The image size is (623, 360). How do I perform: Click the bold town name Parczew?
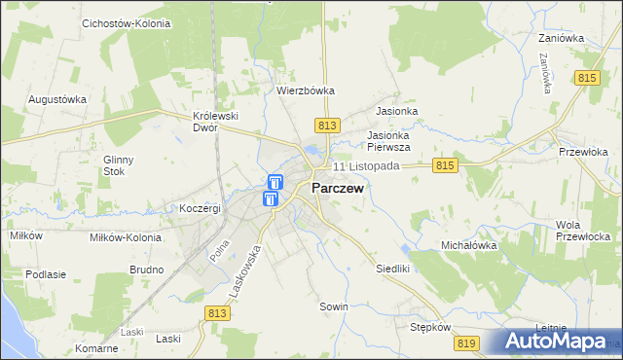[x=338, y=189]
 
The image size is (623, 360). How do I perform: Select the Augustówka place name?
[x=57, y=99]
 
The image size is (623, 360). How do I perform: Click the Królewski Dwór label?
[x=216, y=121]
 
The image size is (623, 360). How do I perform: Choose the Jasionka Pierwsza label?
[x=388, y=141]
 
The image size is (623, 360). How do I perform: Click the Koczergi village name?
[x=201, y=208]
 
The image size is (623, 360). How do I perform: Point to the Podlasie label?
[x=46, y=274]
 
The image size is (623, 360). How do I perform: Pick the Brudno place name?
[x=145, y=269]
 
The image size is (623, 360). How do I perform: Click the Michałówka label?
[x=469, y=246]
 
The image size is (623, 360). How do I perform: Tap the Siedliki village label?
[x=395, y=268]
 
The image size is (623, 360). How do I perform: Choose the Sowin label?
[x=334, y=306]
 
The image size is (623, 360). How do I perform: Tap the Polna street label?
[x=220, y=250]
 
